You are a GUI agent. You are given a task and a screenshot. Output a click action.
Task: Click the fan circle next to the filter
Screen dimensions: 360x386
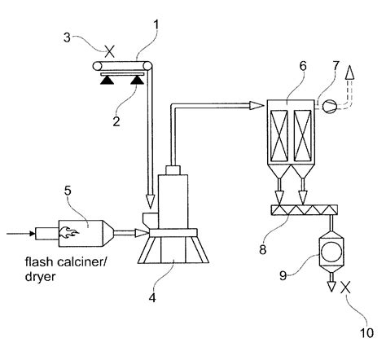coord(328,104)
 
